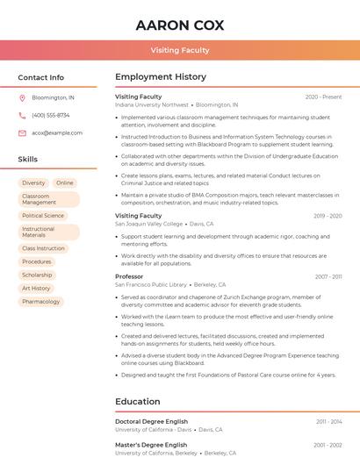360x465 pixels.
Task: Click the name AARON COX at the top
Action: [180, 25]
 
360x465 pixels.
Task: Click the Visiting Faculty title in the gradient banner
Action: [180, 50]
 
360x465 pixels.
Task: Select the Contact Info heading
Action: [40, 77]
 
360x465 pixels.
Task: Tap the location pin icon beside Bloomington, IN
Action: [22, 97]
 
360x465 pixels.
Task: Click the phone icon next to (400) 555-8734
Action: [22, 115]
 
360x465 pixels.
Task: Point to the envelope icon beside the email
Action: [22, 132]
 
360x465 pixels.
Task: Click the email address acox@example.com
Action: [57, 132]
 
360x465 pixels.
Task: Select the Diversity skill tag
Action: [33, 182]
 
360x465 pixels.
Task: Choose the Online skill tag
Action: [65, 182]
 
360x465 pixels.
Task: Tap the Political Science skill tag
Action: [43, 215]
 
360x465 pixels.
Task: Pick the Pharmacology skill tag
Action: [41, 301]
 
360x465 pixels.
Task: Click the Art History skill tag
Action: [36, 288]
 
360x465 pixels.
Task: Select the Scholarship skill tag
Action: [37, 275]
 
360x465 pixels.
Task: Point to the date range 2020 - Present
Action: [323, 97]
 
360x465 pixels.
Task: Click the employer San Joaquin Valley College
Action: [149, 224]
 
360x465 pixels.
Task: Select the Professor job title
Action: [129, 276]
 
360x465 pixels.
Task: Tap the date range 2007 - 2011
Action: [328, 276]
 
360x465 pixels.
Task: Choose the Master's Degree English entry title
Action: [151, 445]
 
